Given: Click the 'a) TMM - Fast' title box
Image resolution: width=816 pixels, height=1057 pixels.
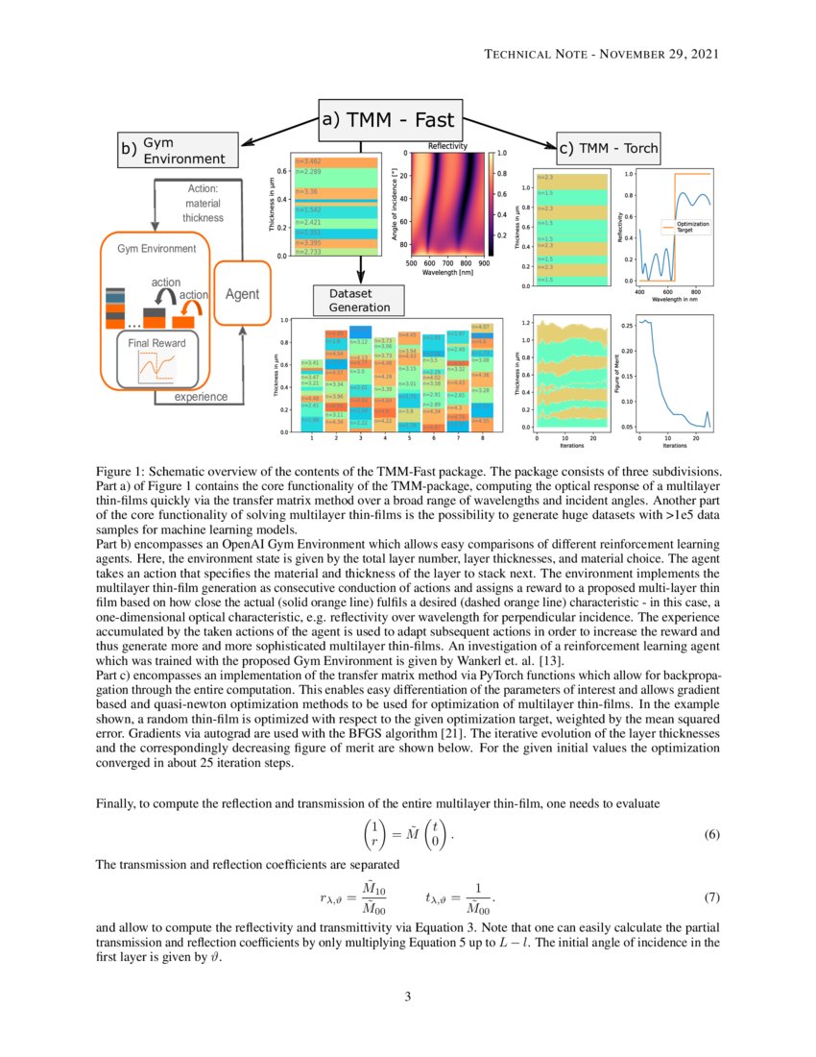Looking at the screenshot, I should [390, 120].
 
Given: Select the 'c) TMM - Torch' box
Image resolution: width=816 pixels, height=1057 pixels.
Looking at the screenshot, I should [609, 148].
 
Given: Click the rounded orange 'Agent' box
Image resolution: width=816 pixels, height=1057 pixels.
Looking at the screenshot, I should [242, 294].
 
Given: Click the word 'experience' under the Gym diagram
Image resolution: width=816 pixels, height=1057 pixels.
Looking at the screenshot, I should [201, 396].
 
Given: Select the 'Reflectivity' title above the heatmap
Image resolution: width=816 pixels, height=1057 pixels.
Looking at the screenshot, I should [447, 146].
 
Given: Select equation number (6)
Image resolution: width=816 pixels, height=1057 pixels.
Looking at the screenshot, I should [711, 834].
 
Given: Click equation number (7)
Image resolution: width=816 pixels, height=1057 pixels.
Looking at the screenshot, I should [711, 897].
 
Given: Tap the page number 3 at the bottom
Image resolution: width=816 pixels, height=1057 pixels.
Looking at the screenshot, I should [407, 996].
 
